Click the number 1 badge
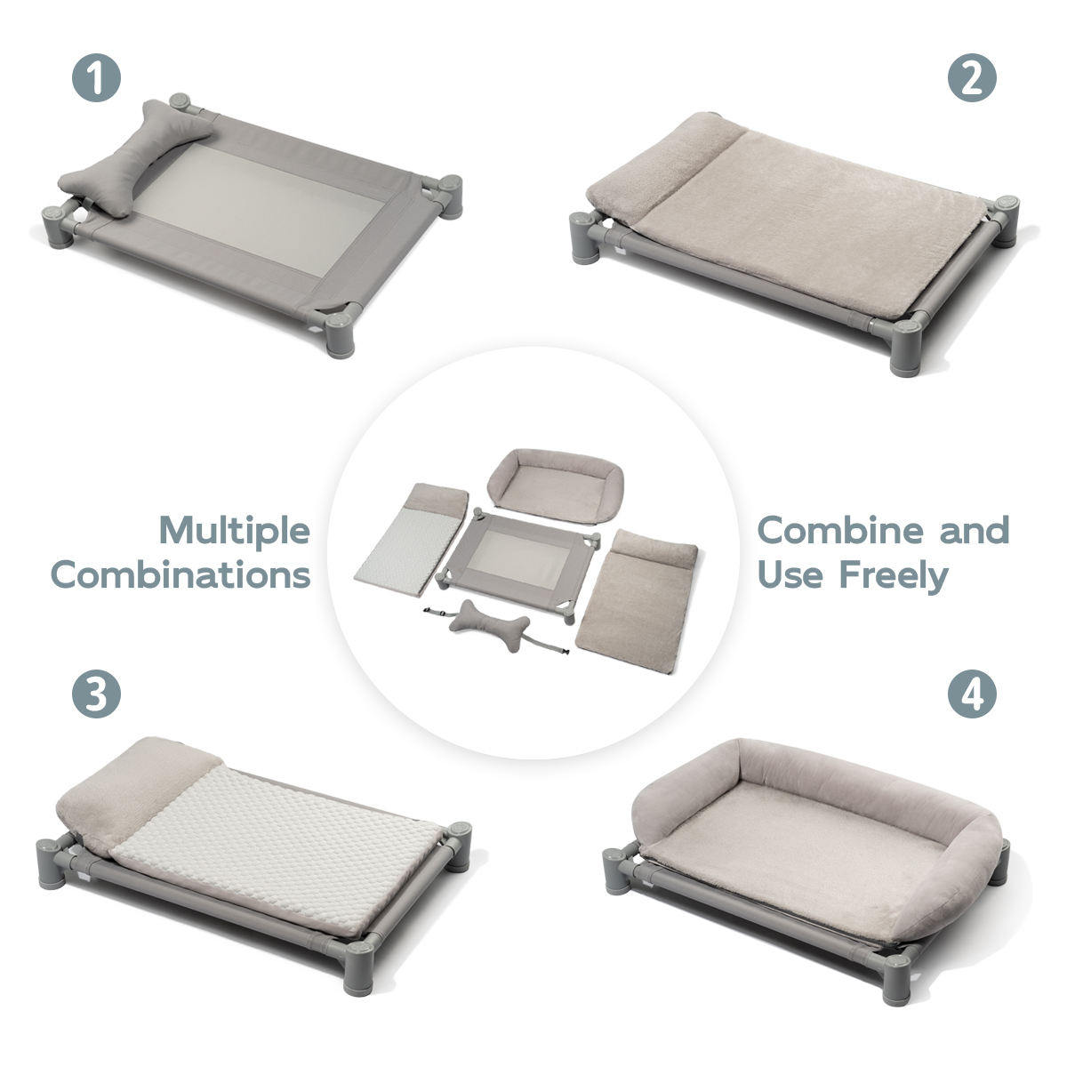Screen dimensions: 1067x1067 point(96,77)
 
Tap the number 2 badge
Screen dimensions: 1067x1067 point(972,77)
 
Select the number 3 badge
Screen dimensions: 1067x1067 point(96,694)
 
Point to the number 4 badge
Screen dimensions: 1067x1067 point(972,694)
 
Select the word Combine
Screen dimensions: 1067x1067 point(840,530)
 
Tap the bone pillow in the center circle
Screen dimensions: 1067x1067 point(489,623)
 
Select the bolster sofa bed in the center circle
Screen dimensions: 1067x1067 point(556,485)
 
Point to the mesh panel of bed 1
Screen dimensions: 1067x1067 point(258,209)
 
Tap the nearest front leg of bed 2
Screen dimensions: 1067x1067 point(906,347)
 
